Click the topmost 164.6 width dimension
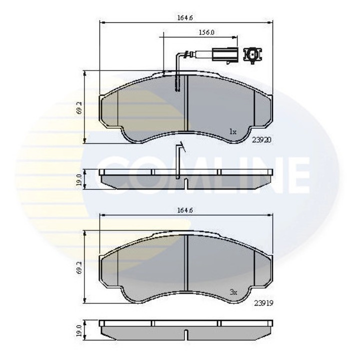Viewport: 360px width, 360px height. tap(185, 18)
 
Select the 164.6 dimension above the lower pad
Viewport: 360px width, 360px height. tap(185, 210)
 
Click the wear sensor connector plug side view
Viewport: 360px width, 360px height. tap(224, 53)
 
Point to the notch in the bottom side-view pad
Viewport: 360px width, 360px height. tap(185, 334)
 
